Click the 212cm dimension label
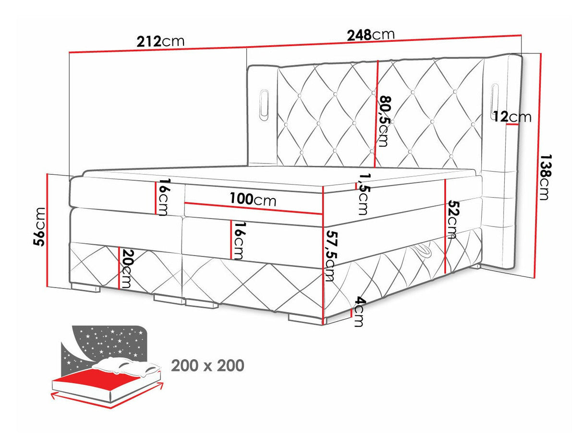click(x=160, y=41)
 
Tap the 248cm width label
click(x=371, y=35)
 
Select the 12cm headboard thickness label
click(x=512, y=117)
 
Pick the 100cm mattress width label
click(x=253, y=200)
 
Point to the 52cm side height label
click(x=451, y=219)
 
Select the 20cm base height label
click(x=126, y=268)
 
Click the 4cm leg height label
click(x=358, y=313)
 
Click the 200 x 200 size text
click(x=207, y=365)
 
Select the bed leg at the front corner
click(x=305, y=318)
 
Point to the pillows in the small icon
click(x=126, y=366)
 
